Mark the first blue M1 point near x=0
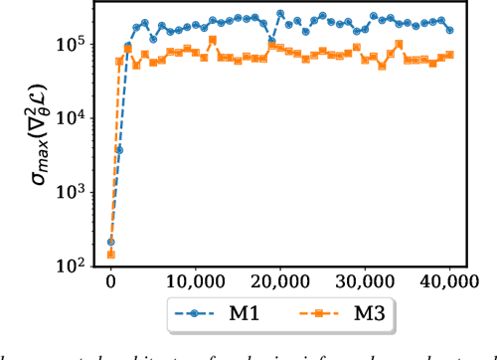(110, 242)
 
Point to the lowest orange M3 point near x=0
(110, 255)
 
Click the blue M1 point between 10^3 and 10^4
(119, 150)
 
